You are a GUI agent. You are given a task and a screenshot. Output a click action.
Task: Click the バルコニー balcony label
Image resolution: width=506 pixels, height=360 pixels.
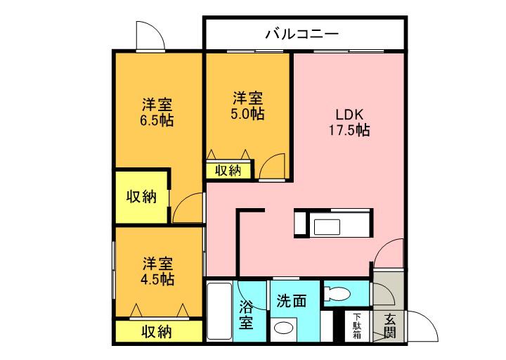(x=303, y=33)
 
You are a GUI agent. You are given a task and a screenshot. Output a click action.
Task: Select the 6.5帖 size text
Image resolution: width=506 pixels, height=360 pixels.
(x=157, y=120)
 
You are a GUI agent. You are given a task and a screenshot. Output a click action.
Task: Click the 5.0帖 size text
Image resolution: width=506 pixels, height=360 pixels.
(x=247, y=113)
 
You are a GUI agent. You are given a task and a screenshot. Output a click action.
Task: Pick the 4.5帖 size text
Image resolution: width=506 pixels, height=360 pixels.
(x=157, y=278)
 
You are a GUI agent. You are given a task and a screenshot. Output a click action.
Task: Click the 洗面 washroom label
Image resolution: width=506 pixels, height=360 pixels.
(x=291, y=301)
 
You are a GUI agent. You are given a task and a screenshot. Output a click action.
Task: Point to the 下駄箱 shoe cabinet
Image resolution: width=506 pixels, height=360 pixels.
(x=358, y=326)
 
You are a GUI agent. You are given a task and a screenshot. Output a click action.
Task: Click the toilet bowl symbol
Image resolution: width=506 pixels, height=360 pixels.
(x=338, y=293)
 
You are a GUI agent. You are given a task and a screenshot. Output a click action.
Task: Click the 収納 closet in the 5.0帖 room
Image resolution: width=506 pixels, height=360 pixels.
(x=228, y=169)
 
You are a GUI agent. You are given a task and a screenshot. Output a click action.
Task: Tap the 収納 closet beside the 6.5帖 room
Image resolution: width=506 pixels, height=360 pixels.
(x=141, y=196)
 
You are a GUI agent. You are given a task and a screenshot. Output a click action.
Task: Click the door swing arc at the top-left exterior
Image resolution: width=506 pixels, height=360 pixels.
(x=150, y=36)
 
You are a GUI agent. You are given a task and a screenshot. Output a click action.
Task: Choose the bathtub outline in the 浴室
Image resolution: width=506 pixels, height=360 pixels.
(x=219, y=312)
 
